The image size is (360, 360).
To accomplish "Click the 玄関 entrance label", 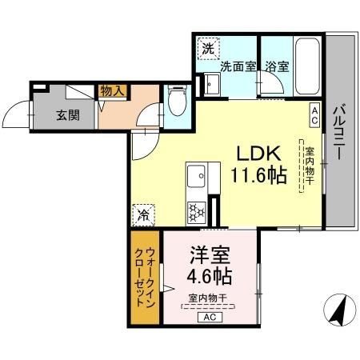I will point(67,114).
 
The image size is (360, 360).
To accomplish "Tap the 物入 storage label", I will point(112,91).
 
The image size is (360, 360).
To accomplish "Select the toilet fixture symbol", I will point(178,101).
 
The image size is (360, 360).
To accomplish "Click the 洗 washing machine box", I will point(208,49).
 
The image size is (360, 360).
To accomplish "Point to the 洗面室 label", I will point(238,67).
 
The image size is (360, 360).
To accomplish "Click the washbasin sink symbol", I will point(211,85).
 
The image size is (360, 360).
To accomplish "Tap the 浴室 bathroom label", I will point(277,67).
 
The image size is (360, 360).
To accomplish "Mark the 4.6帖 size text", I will point(210,278).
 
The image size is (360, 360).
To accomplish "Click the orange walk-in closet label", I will point(145,277).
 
